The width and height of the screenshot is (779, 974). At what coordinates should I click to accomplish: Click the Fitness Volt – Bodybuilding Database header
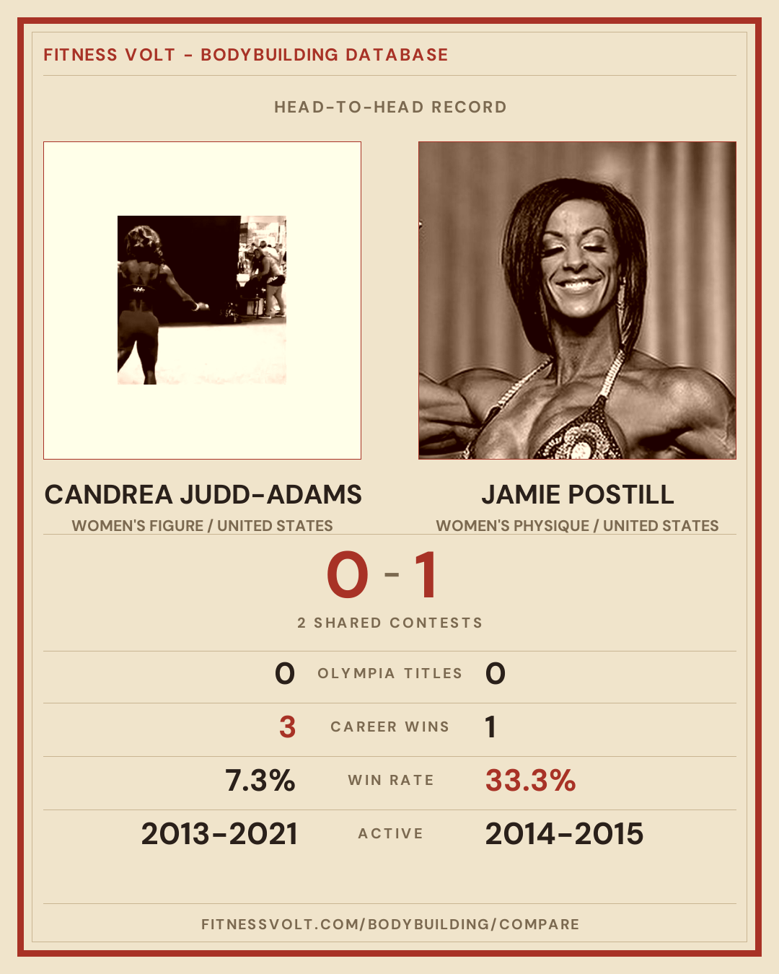245,55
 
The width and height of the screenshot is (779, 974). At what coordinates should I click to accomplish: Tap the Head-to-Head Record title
390,108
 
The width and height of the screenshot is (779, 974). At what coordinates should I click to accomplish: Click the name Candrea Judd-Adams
203,494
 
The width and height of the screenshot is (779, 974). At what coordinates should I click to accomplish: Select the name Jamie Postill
577,494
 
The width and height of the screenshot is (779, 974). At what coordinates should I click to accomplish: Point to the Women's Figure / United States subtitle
203,526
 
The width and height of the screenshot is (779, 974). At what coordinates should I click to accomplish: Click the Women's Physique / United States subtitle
577,526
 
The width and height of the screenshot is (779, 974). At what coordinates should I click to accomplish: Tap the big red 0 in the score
348,575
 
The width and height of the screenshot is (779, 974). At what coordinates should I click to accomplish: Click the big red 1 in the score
426,575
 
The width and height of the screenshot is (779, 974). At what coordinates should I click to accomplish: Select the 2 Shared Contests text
389,623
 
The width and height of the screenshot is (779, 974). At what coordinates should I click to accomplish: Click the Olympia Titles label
389,673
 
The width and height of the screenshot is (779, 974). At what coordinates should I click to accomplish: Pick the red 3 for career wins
287,727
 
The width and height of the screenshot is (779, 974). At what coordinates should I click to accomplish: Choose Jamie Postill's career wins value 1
490,727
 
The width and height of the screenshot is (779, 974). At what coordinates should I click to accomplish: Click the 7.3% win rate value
260,781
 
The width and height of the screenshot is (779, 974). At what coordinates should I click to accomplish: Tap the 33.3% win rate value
530,781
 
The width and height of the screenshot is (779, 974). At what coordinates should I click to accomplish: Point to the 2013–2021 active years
219,834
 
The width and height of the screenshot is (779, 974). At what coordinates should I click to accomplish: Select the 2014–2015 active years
564,834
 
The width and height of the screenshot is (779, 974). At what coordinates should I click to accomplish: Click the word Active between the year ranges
390,834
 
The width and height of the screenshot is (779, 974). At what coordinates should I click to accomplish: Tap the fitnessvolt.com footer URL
390,924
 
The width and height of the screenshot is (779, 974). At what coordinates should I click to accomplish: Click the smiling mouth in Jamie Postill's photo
576,285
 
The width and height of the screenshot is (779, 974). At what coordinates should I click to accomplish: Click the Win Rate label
391,781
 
